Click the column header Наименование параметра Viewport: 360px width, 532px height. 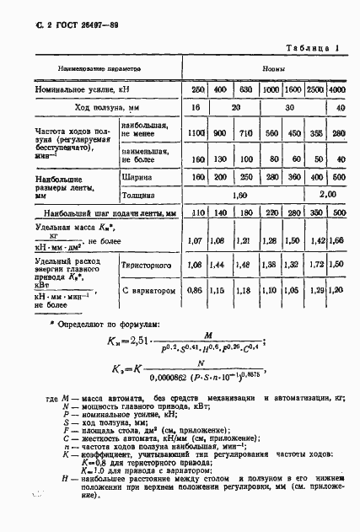[99, 68]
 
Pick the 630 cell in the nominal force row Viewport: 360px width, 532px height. [246, 89]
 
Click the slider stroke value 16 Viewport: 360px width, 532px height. [196, 108]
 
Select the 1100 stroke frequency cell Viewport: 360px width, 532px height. [196, 132]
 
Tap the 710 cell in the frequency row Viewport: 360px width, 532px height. [246, 132]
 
